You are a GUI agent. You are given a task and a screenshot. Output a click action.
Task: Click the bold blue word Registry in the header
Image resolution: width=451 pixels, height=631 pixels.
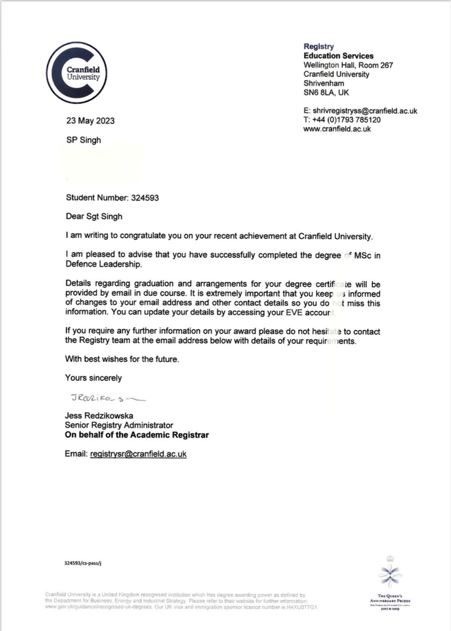[x=319, y=47]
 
